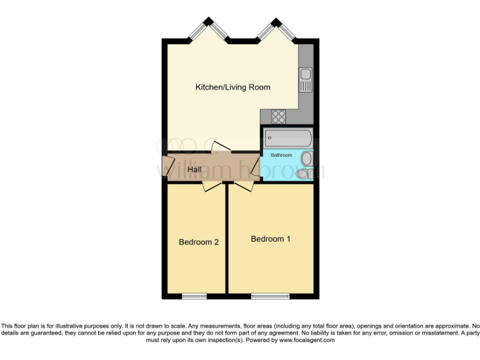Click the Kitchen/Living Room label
(232, 87)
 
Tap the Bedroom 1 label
(271, 239)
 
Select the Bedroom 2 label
(198, 242)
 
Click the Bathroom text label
(281, 155)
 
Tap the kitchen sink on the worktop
(306, 81)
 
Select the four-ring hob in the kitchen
(278, 116)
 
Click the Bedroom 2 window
(194, 295)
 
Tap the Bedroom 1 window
(270, 295)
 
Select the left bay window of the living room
(207, 30)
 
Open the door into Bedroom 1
(242, 186)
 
